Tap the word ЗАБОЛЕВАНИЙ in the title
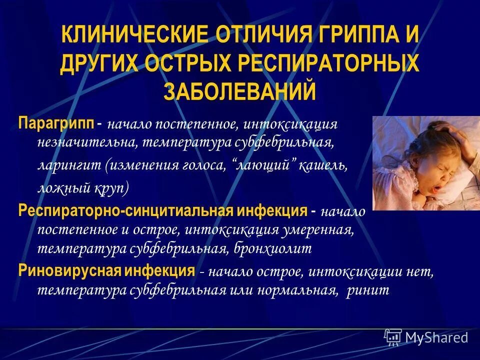pyautogui.click(x=240, y=92)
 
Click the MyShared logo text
pyautogui.click(x=436, y=337)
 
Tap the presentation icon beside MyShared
pyautogui.click(x=392, y=337)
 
